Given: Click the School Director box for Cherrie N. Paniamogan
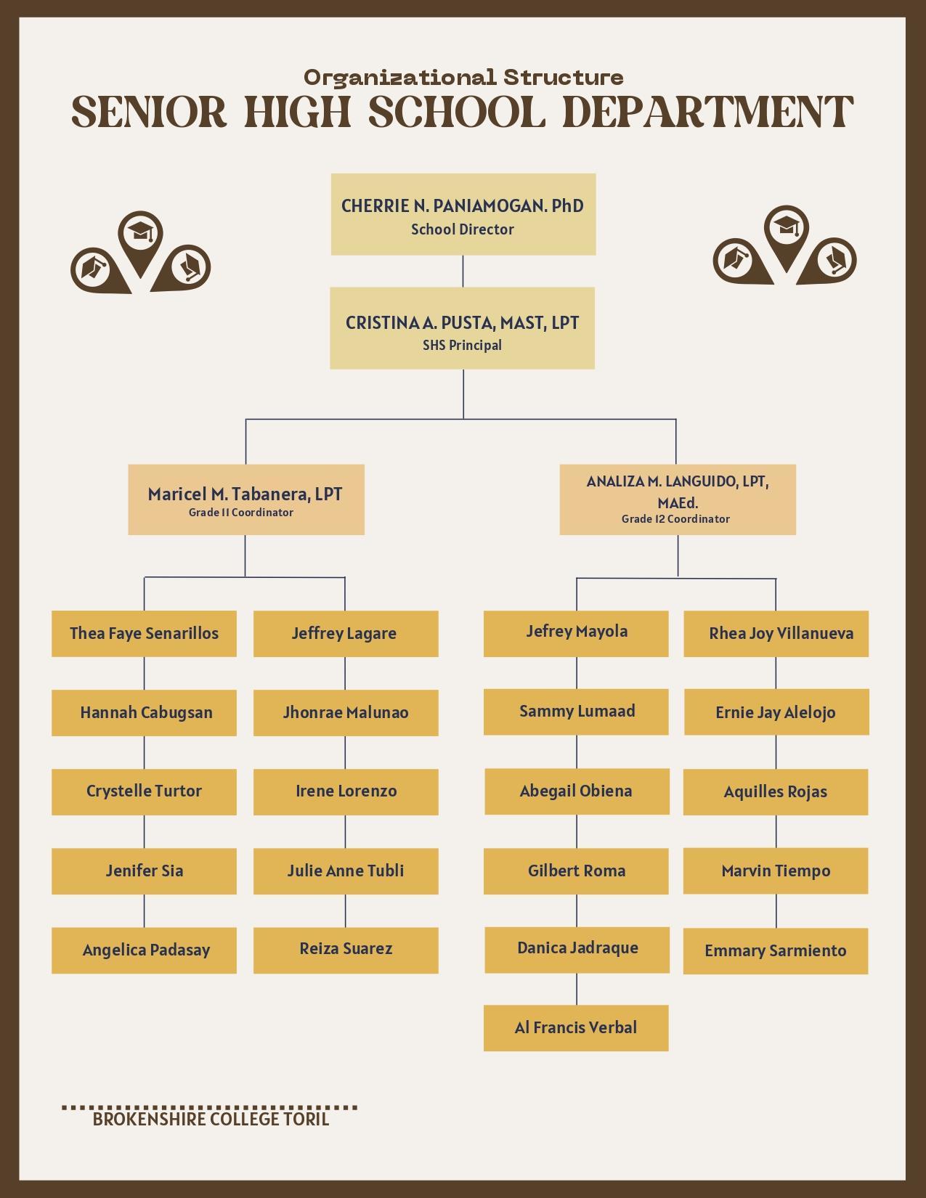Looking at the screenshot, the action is click(463, 214).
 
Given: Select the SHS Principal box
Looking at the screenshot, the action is click(463, 328).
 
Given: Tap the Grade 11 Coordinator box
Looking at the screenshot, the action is click(245, 500).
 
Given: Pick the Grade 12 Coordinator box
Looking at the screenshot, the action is click(678, 500).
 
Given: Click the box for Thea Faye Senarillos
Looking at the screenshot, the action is click(144, 634).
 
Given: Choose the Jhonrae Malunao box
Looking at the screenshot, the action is click(346, 713).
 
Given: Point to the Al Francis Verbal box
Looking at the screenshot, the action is click(576, 1028).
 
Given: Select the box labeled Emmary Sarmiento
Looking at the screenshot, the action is click(776, 951).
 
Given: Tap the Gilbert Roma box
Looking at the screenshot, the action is click(576, 871).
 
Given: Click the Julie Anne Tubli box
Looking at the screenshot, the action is click(346, 871).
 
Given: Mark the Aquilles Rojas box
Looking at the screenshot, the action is click(776, 792).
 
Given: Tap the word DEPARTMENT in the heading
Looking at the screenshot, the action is click(708, 113).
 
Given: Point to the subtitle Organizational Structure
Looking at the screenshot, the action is click(463, 77).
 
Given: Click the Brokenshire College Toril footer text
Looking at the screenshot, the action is click(211, 1119).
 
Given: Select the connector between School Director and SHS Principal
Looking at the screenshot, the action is click(463, 271).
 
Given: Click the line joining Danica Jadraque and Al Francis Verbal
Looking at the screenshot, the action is click(577, 989).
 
